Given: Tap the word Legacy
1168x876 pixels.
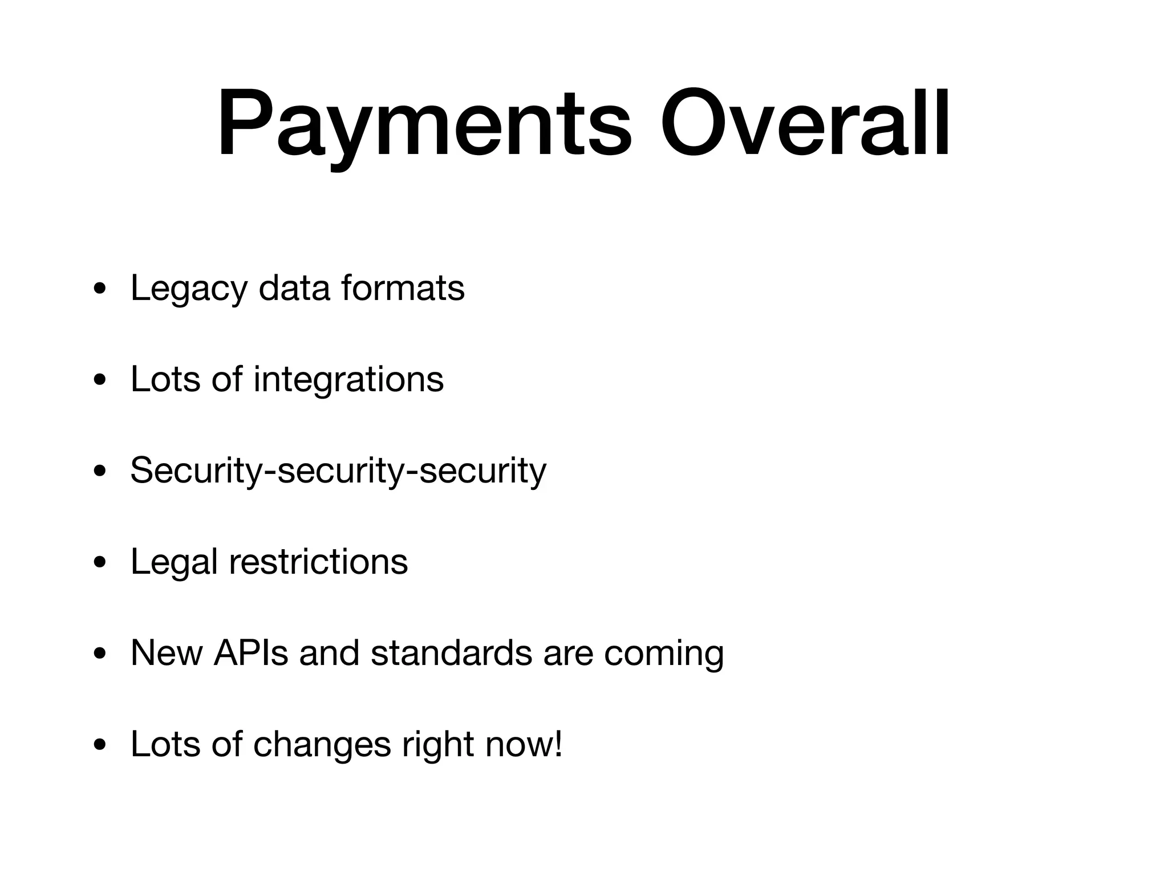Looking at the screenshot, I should (189, 288).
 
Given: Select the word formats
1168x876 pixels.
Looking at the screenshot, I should (403, 288).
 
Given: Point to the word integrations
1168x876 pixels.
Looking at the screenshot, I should (348, 379).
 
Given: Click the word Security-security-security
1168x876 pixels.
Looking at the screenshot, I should (338, 471).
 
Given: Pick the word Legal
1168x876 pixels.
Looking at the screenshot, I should (174, 562).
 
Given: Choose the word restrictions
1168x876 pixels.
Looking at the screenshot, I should (318, 562).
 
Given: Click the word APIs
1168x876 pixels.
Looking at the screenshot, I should (251, 653).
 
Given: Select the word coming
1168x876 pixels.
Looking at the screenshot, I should (664, 654).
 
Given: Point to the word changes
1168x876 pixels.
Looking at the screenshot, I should (322, 744).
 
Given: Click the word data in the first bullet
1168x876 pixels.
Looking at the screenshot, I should (294, 288).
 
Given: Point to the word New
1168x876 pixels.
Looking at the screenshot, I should (167, 653).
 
